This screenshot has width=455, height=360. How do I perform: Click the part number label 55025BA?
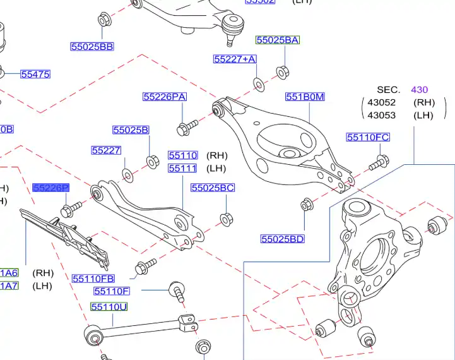click(x=278, y=40)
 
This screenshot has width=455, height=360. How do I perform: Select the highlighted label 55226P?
click(x=51, y=188)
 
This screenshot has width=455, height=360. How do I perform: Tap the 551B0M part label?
click(x=305, y=97)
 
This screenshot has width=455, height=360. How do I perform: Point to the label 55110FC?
click(x=368, y=137)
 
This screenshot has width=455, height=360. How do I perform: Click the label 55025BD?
click(x=283, y=239)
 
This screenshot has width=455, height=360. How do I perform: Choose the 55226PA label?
click(x=165, y=97)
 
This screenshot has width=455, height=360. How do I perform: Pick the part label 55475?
click(x=35, y=74)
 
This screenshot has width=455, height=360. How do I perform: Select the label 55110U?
click(x=109, y=307)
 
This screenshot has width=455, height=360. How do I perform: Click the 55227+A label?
click(x=235, y=59)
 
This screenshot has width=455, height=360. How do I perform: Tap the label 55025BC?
click(x=213, y=188)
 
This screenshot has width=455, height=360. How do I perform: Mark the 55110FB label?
click(x=93, y=278)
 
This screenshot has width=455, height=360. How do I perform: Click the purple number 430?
click(x=420, y=90)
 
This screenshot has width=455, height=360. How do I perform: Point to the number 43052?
click(x=381, y=102)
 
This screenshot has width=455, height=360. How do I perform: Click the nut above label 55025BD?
click(x=306, y=205)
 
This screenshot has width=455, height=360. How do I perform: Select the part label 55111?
click(x=182, y=168)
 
